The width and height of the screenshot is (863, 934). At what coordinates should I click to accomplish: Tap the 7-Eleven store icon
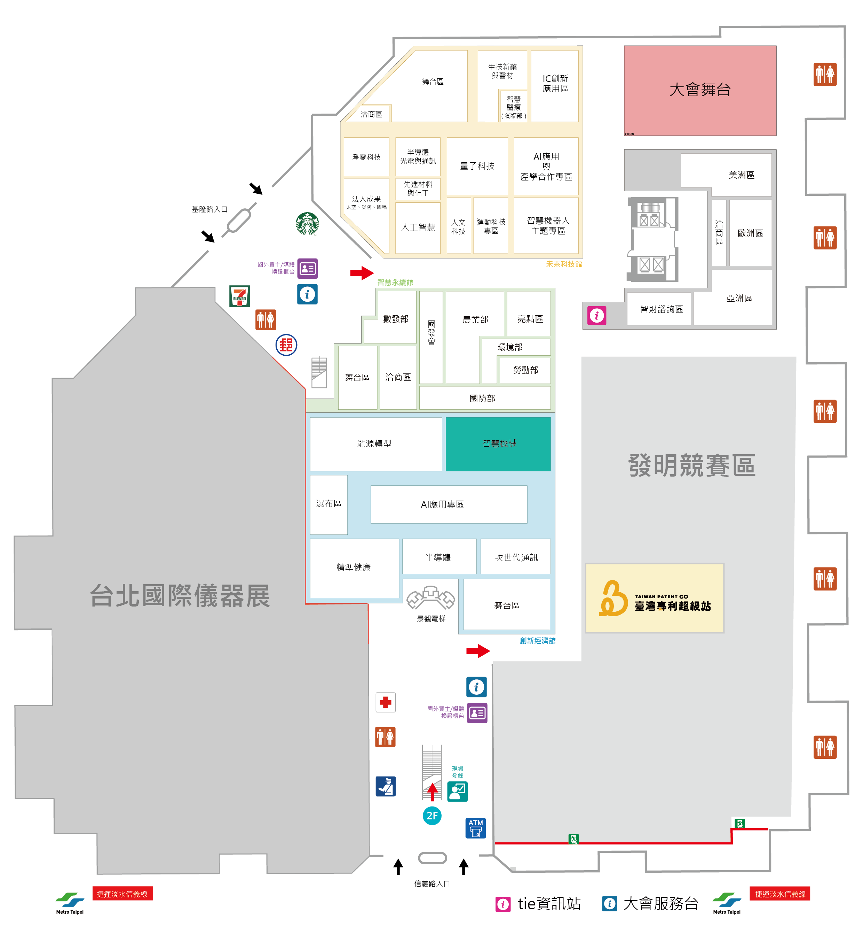[239, 296]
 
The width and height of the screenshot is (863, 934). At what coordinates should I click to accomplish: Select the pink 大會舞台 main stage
[699, 90]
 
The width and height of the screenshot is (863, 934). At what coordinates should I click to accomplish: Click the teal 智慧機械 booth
[498, 443]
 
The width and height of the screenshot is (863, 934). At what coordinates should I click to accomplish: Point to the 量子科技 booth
[477, 166]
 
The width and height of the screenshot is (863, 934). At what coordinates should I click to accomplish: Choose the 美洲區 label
[741, 175]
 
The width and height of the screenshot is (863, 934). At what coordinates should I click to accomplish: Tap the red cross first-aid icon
[385, 702]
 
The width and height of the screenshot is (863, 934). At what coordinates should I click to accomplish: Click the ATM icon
[475, 828]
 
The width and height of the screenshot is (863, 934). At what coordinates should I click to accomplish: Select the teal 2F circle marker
[432, 816]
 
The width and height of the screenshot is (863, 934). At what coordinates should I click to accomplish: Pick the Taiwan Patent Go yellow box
[654, 598]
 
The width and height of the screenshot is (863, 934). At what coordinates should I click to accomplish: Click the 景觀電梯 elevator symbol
[430, 597]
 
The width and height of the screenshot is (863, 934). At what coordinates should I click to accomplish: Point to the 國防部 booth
[484, 398]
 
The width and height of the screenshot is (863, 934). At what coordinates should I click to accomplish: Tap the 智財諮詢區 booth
[661, 309]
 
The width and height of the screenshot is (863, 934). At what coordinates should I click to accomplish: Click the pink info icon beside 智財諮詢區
[596, 316]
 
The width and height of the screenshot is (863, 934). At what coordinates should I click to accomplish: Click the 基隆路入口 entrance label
[209, 209]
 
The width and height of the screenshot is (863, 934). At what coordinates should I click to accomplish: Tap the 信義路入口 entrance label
[432, 883]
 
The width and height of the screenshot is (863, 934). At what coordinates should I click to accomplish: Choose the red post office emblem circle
[286, 345]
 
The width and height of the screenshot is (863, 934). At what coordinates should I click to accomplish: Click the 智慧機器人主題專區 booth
[547, 225]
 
